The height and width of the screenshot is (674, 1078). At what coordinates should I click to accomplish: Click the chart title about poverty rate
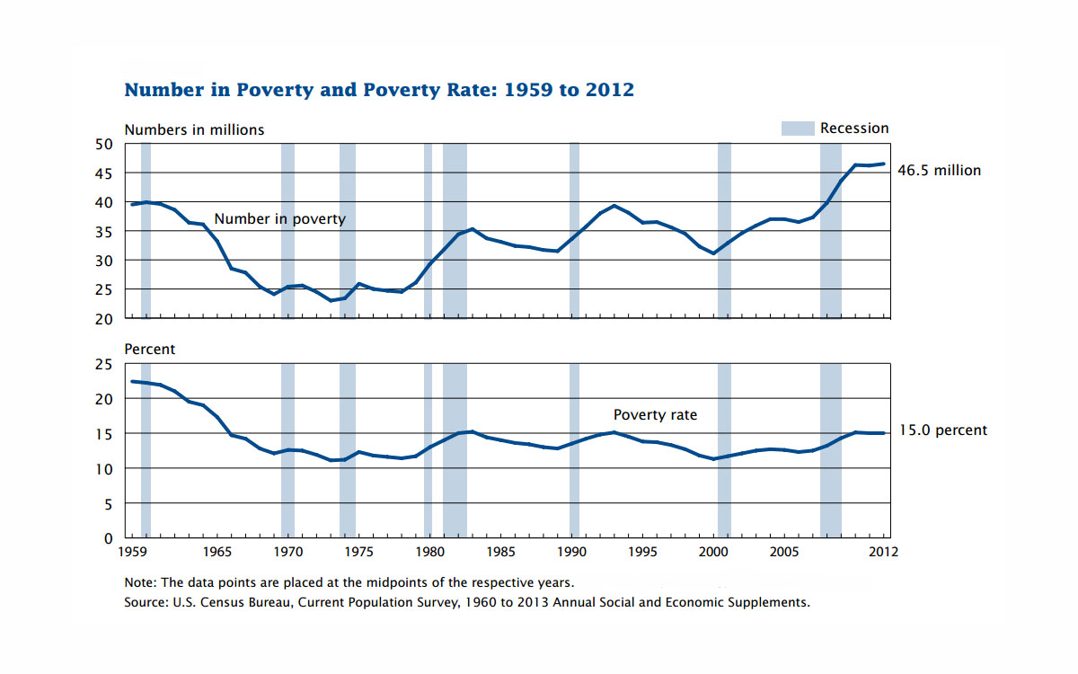(379, 90)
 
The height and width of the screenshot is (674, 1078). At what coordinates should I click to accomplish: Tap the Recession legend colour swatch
(798, 129)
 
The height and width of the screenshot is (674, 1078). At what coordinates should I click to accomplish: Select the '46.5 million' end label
(940, 170)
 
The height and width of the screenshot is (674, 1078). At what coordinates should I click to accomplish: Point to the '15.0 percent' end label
(943, 430)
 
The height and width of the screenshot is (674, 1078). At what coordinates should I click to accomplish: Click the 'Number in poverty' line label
(279, 219)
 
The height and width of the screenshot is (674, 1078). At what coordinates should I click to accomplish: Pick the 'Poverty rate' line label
(655, 415)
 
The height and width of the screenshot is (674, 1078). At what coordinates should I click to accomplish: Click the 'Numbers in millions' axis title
(194, 129)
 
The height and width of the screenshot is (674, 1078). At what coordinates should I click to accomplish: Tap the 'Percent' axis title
(150, 349)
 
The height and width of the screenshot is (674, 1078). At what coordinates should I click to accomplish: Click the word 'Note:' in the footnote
(141, 582)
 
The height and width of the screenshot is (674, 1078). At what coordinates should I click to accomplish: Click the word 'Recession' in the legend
(854, 129)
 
